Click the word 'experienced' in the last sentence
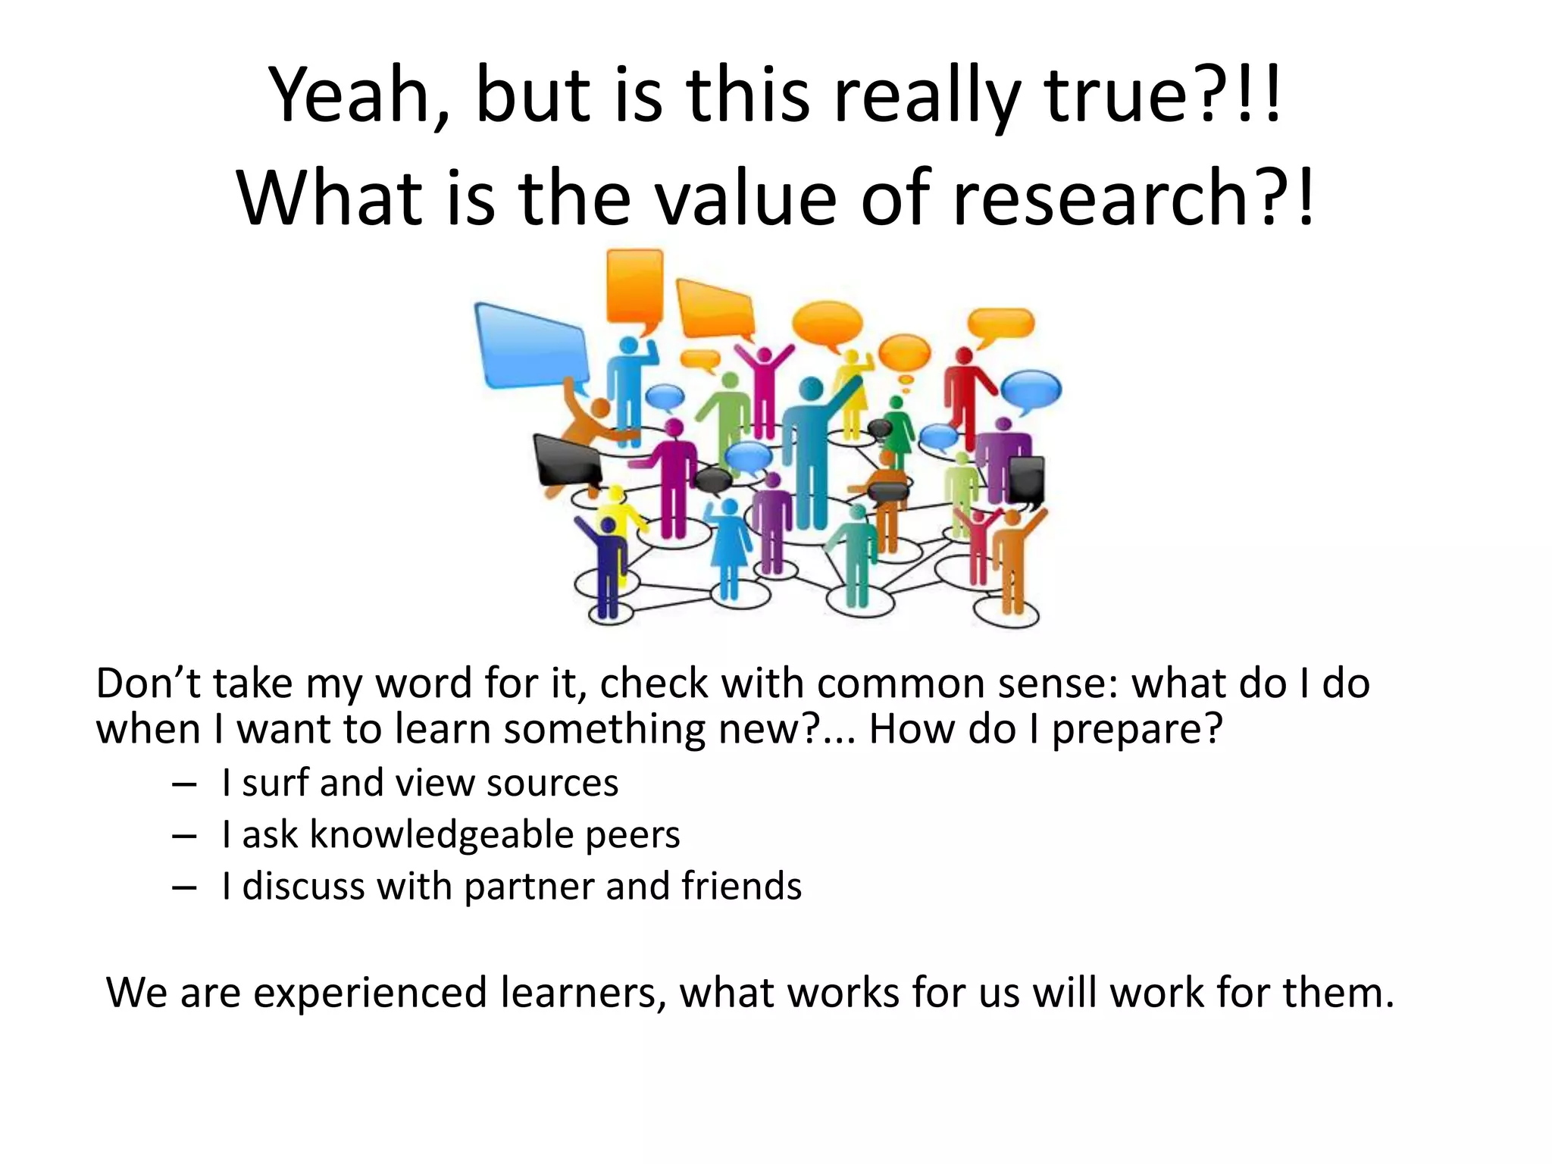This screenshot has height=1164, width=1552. pyautogui.click(x=370, y=993)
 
